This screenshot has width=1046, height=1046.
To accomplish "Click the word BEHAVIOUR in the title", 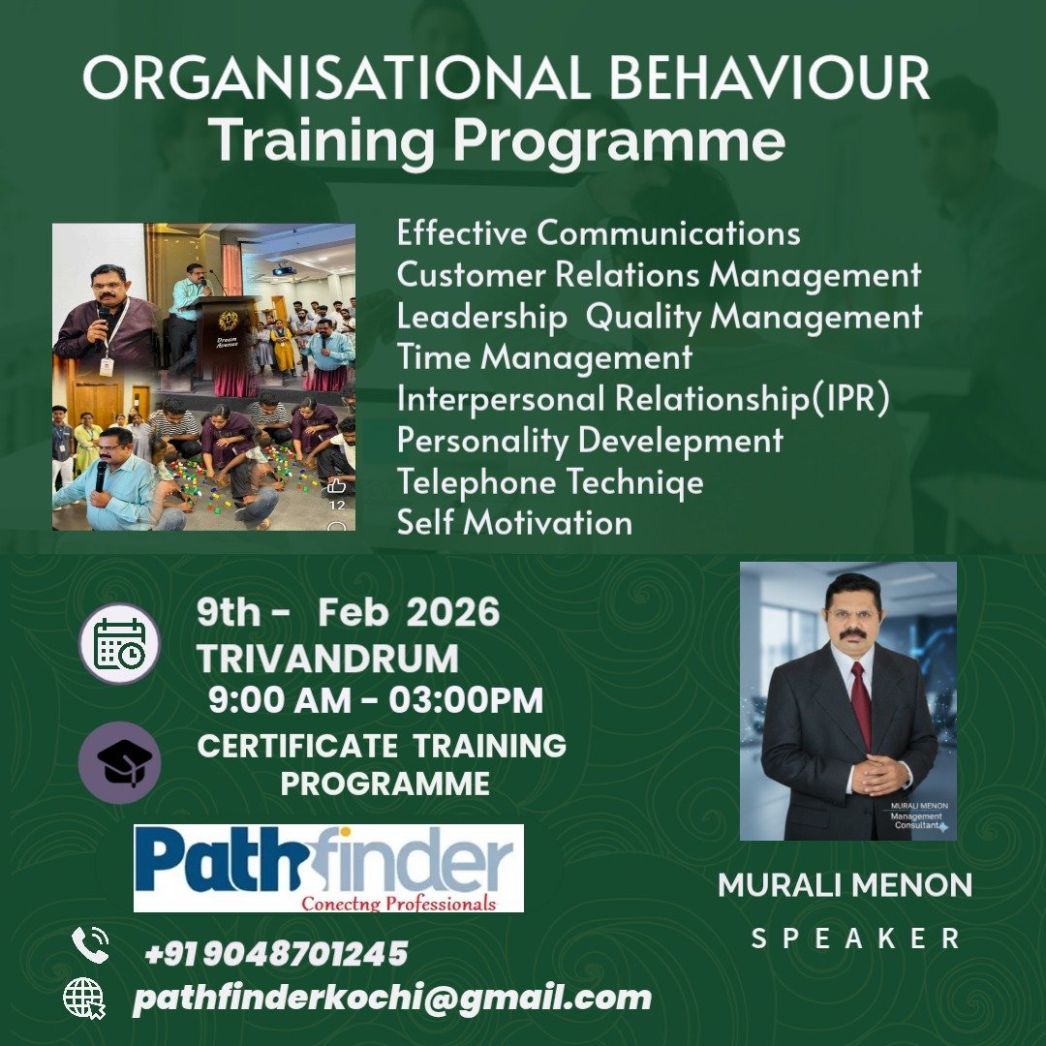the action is [768, 77].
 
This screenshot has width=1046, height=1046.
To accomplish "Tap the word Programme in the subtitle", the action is [620, 142].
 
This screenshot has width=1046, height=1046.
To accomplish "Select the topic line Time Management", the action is [544, 356].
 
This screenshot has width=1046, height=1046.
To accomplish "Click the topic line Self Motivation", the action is [514, 522].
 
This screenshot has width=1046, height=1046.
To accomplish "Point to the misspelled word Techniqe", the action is [634, 482].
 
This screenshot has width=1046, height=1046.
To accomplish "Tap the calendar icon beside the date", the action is [119, 644].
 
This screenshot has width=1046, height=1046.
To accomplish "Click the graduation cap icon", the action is [119, 762].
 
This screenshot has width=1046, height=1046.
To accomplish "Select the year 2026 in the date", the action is [453, 612].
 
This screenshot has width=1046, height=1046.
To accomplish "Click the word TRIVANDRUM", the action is [327, 659].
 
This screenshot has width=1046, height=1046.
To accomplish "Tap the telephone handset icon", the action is [90, 944].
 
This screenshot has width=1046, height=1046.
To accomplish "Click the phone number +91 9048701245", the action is [276, 953].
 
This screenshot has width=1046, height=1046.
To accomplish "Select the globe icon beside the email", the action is [84, 999].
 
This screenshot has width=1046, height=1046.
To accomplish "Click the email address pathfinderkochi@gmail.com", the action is [392, 999].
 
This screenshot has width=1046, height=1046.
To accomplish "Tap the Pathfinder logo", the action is [328, 868].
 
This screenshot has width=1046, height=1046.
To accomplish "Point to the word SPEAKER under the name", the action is [855, 938].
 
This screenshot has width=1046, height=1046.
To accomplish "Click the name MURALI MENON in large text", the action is [846, 885].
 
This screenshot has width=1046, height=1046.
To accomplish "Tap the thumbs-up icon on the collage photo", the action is [336, 485].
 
